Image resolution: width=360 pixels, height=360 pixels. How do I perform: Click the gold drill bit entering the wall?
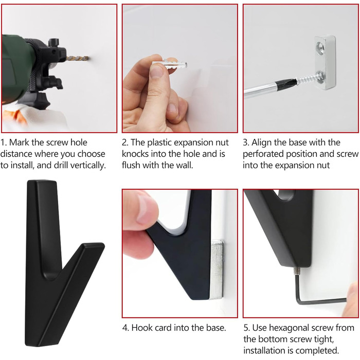(x=77, y=58)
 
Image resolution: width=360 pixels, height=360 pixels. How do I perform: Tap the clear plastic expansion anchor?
(x=170, y=64)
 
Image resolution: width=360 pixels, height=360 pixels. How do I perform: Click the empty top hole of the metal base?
(x=320, y=47)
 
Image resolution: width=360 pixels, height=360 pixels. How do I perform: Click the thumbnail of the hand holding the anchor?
(x=157, y=71)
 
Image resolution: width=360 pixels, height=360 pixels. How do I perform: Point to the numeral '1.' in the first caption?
(x=4, y=142)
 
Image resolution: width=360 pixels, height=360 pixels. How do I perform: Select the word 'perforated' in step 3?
(x=263, y=154)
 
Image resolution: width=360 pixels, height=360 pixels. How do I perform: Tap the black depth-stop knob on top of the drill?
(x=53, y=43)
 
